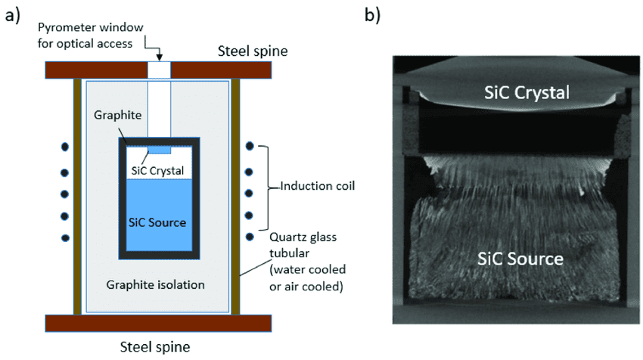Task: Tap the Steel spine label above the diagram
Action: click(236, 51)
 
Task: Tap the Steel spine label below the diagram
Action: click(156, 347)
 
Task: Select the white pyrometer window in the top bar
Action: click(160, 70)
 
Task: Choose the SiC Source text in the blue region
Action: click(158, 222)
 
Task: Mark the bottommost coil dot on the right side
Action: click(250, 237)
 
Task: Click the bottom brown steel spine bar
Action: click(158, 323)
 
